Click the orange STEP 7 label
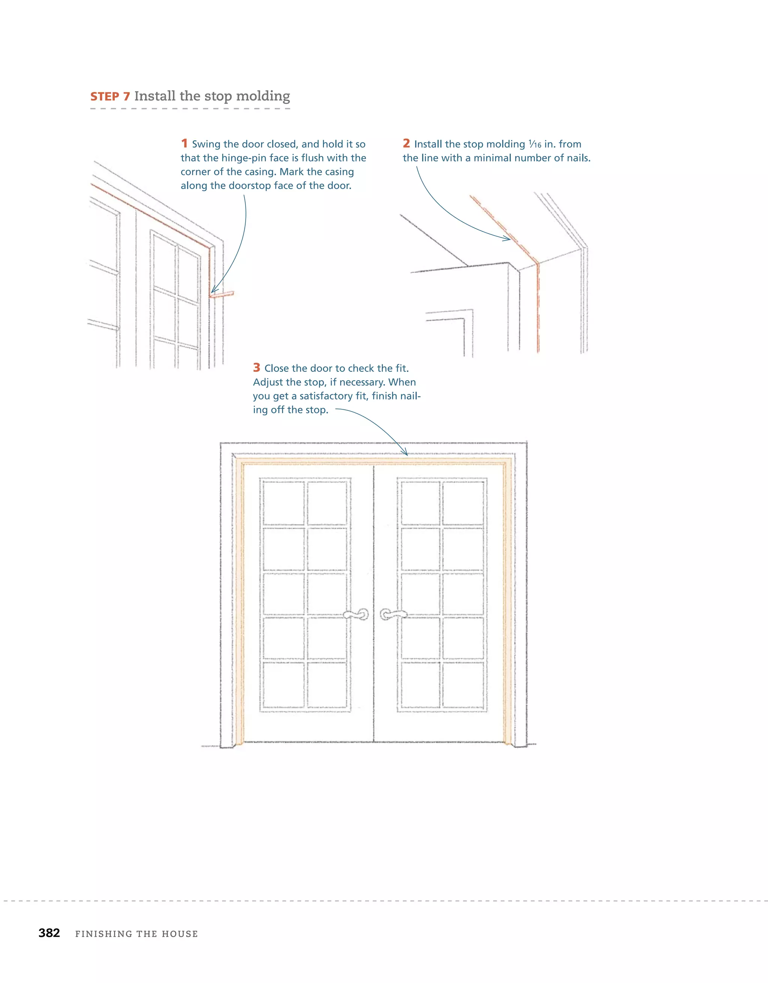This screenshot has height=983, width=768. [x=110, y=97]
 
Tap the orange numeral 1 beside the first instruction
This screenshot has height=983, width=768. [x=184, y=144]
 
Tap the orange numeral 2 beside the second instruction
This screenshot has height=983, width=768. [x=406, y=144]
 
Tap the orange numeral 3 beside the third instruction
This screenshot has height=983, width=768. [x=256, y=368]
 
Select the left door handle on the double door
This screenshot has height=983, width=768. [x=357, y=615]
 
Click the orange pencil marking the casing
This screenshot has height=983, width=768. [x=222, y=295]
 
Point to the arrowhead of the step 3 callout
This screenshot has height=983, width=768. [x=405, y=453]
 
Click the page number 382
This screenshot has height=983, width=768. [x=49, y=933]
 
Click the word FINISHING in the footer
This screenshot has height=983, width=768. [x=103, y=934]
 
